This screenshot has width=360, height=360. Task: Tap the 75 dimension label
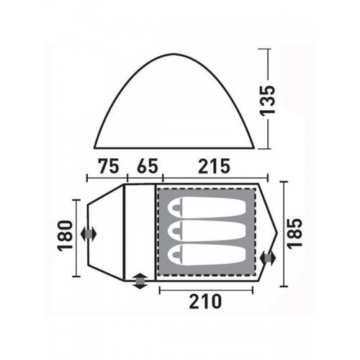(109, 166)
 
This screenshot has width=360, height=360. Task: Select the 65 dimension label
(148, 166)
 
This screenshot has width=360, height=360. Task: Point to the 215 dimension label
(214, 166)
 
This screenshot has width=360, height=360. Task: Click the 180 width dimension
(66, 235)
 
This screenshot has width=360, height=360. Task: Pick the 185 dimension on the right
(294, 233)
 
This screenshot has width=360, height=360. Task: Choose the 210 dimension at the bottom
(205, 302)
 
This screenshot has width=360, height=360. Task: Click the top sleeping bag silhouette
(207, 207)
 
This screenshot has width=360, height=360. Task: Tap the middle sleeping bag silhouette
(207, 230)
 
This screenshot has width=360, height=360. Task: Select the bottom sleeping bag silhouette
(207, 254)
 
